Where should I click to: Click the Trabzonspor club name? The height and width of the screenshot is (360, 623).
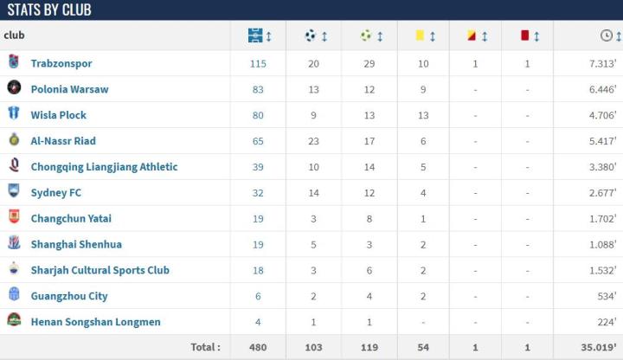click(x=61, y=63)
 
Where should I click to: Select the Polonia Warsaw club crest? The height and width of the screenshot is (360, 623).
click(x=14, y=88)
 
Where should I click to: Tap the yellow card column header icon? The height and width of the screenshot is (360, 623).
click(x=419, y=35)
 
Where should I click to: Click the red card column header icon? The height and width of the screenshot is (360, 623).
click(x=524, y=35)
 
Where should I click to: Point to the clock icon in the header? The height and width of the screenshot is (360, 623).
click(x=607, y=35)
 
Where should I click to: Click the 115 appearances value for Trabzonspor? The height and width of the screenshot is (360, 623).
click(x=258, y=63)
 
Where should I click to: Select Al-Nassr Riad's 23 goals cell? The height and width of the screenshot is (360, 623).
click(x=313, y=140)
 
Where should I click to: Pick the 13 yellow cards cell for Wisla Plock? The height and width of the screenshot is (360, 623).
click(x=423, y=114)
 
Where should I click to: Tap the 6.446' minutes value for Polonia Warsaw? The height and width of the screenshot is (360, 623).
click(x=601, y=89)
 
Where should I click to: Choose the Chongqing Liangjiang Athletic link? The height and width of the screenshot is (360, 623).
click(x=104, y=166)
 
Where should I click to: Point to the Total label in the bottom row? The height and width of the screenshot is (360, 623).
click(x=206, y=347)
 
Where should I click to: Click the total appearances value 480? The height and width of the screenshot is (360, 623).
click(x=258, y=347)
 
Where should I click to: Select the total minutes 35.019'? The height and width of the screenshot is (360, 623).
click(x=598, y=347)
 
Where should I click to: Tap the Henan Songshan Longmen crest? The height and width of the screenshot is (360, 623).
click(x=14, y=321)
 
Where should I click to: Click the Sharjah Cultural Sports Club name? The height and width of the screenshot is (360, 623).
click(x=100, y=270)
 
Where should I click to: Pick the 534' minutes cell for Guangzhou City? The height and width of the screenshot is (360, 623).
click(x=605, y=296)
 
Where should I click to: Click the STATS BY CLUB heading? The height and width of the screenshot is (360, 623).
click(x=49, y=10)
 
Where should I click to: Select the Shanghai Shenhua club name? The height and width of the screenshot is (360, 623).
click(x=76, y=244)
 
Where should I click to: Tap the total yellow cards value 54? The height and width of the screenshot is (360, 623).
click(x=423, y=347)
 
